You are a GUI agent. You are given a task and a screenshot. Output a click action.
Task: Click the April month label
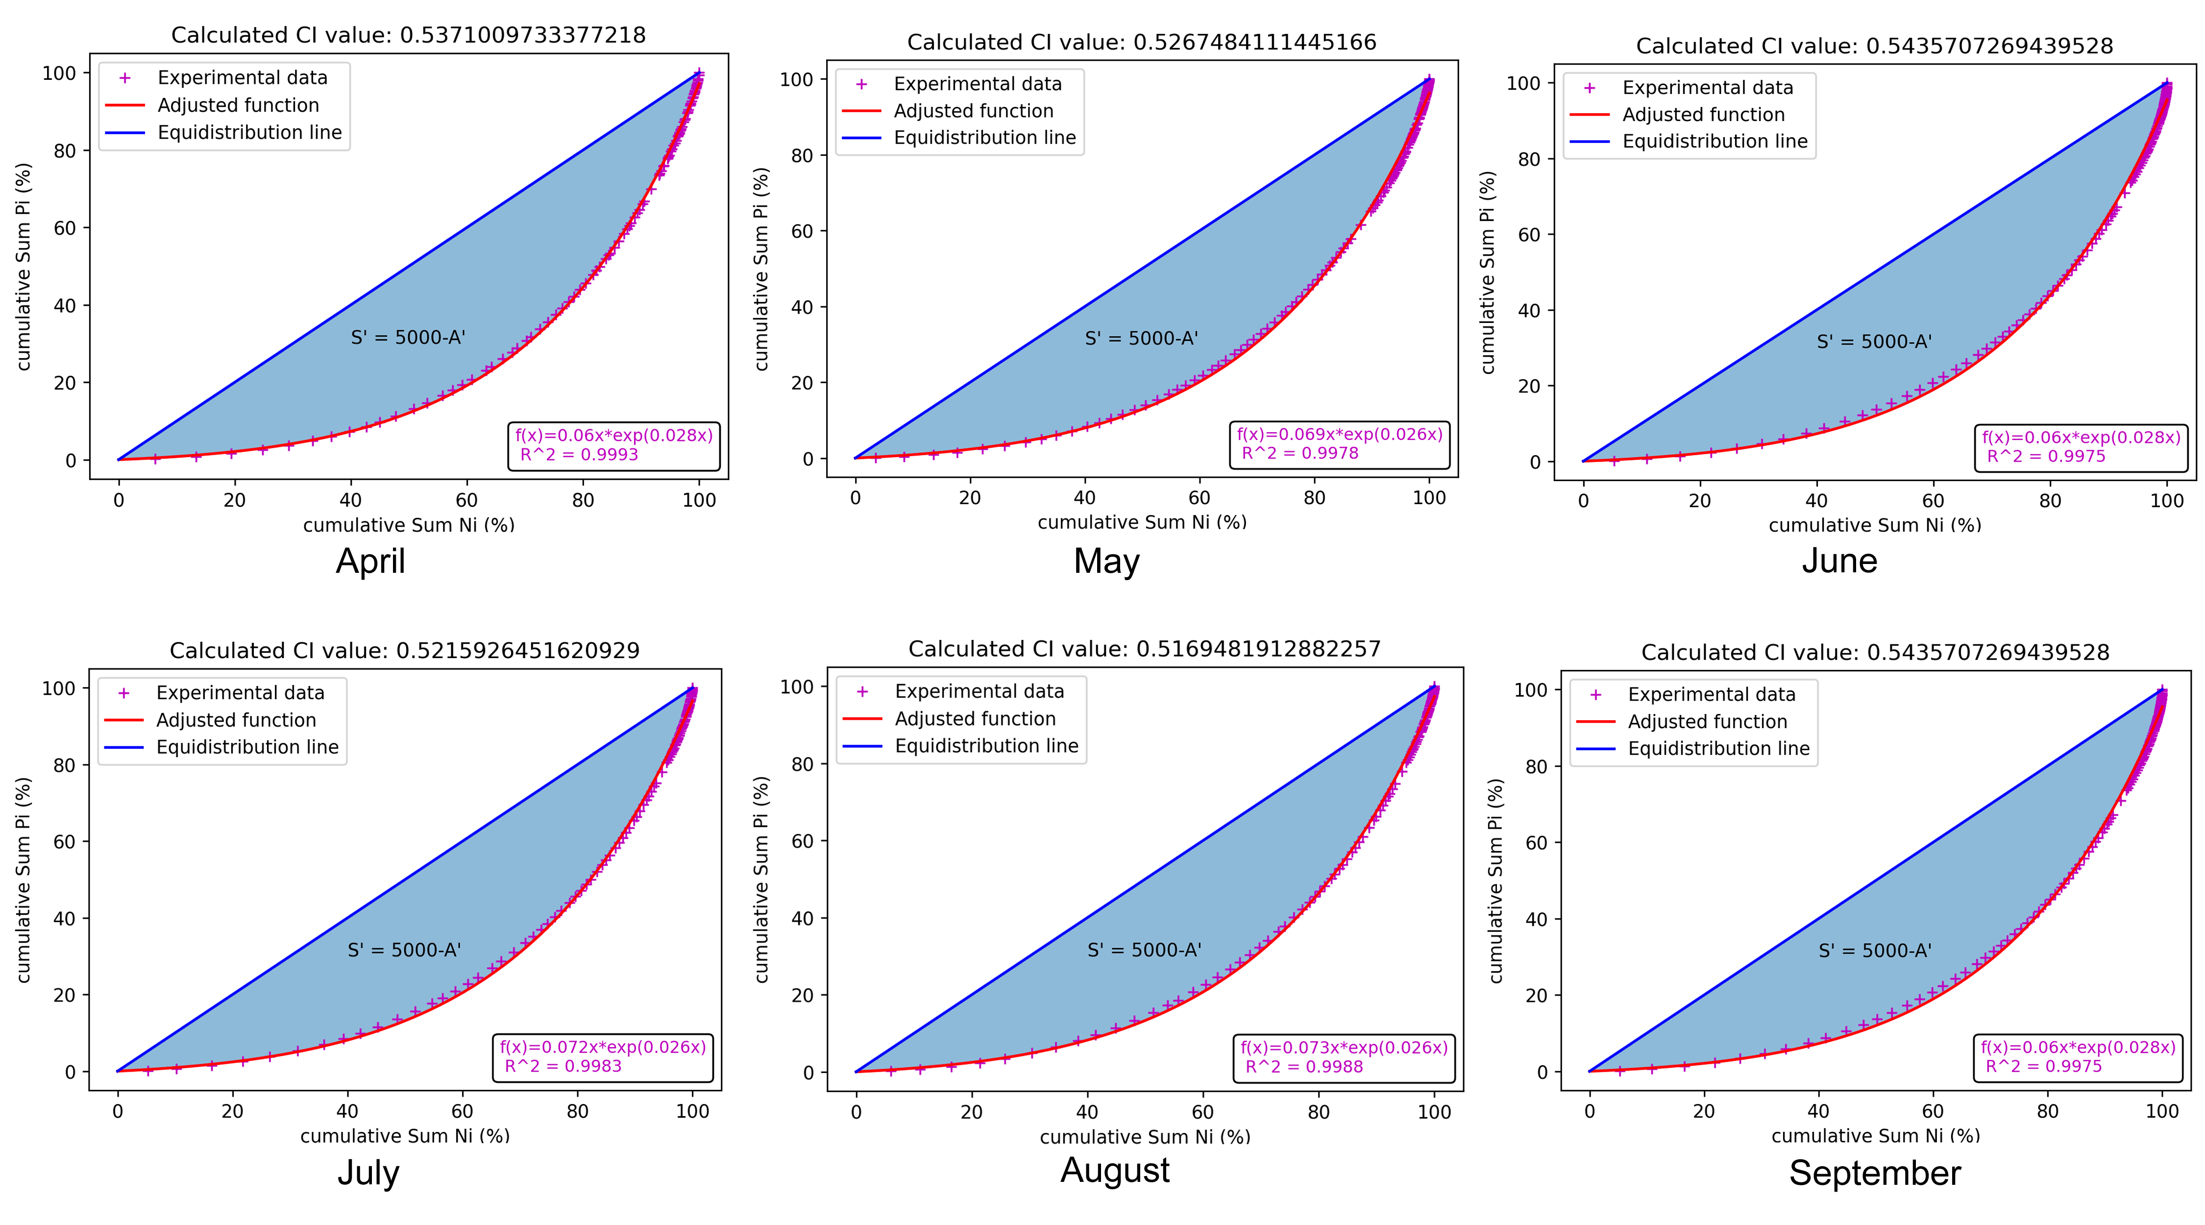click(x=370, y=562)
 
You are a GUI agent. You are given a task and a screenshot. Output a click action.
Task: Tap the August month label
click(x=1114, y=1170)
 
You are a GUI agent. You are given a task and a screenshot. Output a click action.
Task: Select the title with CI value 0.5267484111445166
click(x=1141, y=42)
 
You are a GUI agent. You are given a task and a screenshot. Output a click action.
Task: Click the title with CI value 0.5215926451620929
click(x=404, y=651)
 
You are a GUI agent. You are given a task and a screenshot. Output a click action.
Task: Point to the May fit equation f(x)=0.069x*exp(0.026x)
click(x=1339, y=434)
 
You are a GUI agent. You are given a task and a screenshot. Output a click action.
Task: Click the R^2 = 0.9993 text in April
click(x=580, y=455)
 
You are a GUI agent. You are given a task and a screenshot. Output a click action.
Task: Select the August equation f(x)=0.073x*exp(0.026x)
click(x=1343, y=1047)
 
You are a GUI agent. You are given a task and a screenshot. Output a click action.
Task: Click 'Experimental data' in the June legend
click(x=1707, y=87)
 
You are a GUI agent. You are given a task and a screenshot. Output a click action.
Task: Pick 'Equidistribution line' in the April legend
click(x=249, y=133)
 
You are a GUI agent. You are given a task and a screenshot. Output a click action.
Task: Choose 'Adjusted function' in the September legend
click(x=1707, y=722)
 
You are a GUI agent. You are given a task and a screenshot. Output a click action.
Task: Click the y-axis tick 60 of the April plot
click(x=65, y=228)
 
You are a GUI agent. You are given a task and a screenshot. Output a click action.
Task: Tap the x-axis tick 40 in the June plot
click(x=1816, y=501)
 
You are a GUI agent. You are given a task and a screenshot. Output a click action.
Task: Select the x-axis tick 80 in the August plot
click(x=1318, y=1112)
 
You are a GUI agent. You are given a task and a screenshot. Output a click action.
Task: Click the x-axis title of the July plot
click(x=404, y=1136)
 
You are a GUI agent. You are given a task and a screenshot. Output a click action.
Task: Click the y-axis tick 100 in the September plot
click(x=1530, y=690)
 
